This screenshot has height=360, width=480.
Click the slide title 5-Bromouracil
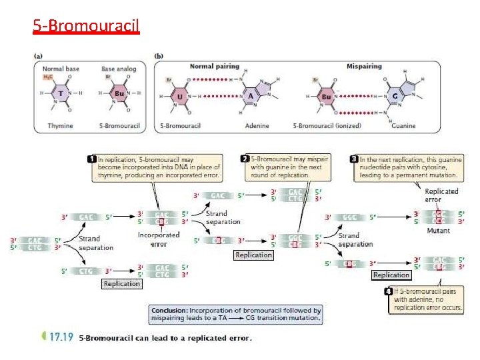[x=86, y=26]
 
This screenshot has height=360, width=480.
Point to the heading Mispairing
[x=363, y=67]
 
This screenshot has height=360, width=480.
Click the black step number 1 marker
[x=92, y=159]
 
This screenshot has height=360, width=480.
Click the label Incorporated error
[x=159, y=239]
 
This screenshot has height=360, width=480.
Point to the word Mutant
[x=439, y=231]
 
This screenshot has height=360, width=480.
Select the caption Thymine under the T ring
[x=61, y=125]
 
